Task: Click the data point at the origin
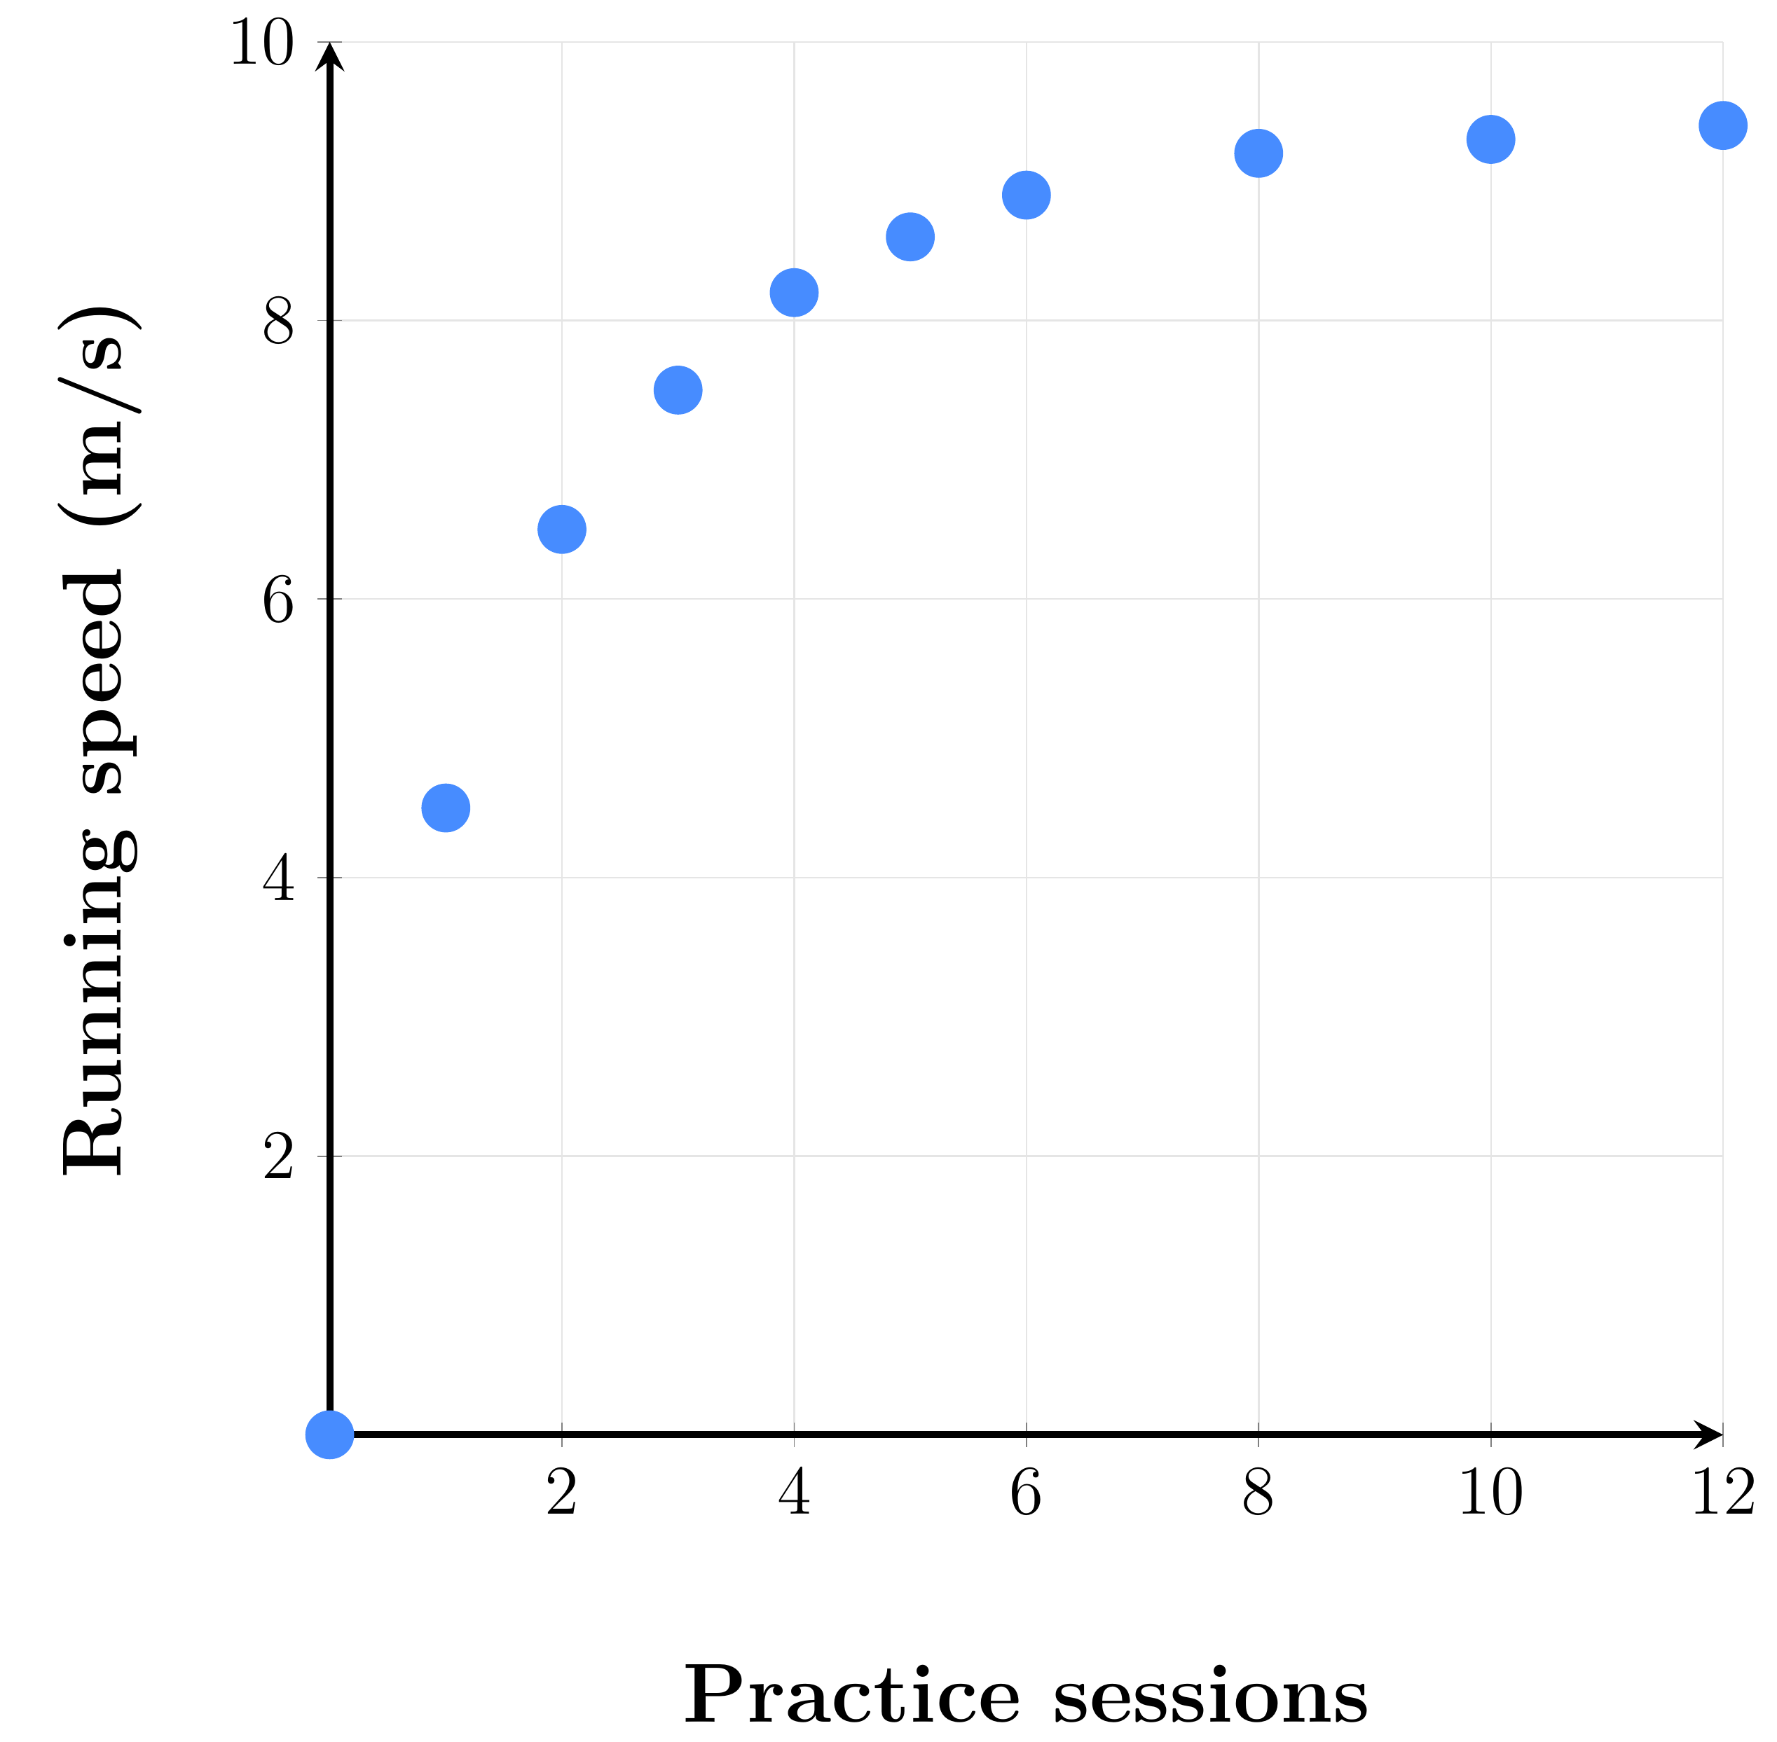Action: [x=329, y=1435]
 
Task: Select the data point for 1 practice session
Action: [x=446, y=808]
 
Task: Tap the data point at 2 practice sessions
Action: [x=562, y=529]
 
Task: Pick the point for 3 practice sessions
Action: [x=678, y=389]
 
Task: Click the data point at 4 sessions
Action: [x=794, y=293]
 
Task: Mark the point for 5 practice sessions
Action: [x=910, y=237]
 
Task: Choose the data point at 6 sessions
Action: [x=1027, y=195]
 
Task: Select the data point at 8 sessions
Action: [x=1259, y=153]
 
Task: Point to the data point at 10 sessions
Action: [x=1492, y=139]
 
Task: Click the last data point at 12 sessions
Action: [x=1723, y=125]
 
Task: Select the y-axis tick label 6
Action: [x=279, y=601]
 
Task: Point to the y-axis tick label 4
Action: [x=279, y=879]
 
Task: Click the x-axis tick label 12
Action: [x=1724, y=1494]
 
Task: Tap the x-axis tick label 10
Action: [x=1492, y=1494]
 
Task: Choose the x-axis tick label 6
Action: [x=1027, y=1494]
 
